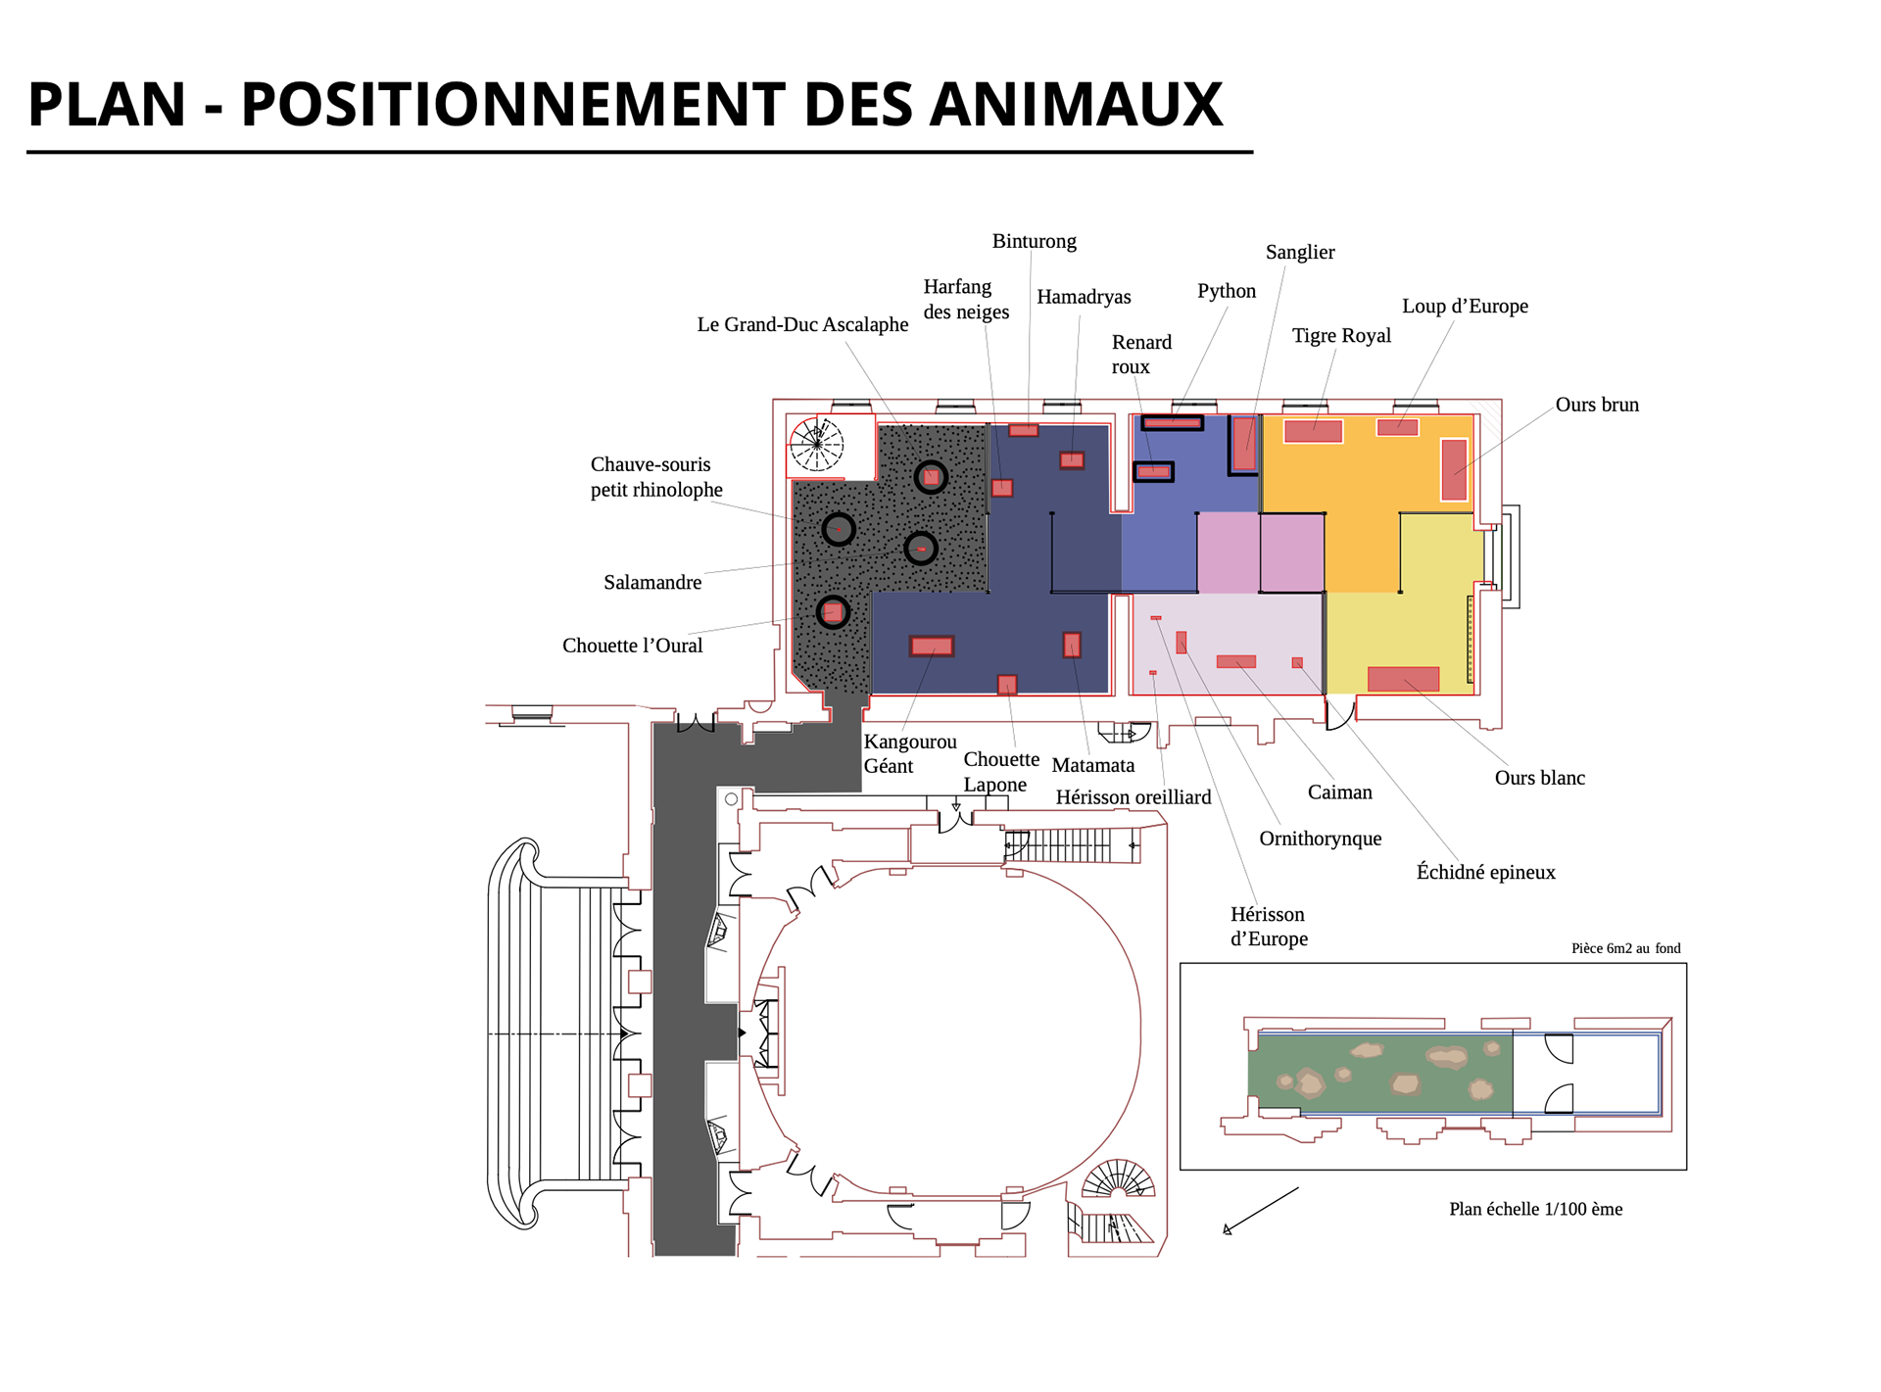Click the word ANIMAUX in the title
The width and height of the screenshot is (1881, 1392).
1075,104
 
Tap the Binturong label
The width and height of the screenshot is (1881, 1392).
1034,241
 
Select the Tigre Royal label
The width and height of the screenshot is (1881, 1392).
1340,335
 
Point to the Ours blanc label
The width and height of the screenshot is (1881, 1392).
1539,778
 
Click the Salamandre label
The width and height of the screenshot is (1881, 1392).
652,583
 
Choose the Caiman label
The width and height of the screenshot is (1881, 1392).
1339,792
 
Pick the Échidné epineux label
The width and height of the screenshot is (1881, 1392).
1485,872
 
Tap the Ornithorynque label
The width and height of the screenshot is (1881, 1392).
1320,839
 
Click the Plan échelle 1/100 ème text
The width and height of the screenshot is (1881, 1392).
1535,1209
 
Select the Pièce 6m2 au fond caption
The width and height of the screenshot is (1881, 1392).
1625,948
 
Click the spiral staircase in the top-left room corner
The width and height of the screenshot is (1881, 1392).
817,444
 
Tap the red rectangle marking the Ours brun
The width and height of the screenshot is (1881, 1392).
1454,469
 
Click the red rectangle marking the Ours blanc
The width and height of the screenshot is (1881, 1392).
1403,678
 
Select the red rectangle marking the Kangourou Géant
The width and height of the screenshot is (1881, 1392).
931,647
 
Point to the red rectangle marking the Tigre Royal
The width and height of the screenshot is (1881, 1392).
1313,430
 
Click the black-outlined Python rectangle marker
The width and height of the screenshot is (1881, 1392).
1172,423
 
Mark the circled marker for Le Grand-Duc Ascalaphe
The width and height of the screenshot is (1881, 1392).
931,477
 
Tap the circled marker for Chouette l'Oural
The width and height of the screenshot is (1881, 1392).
833,612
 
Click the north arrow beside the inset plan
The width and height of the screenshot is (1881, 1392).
1261,1211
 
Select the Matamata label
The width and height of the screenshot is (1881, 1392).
1092,765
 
